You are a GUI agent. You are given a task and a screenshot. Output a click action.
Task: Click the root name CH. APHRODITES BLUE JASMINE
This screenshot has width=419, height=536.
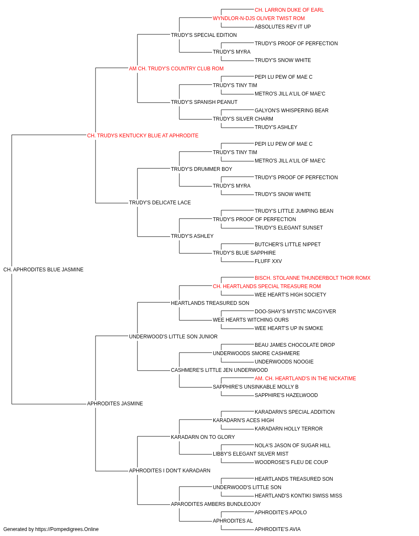point(44,270)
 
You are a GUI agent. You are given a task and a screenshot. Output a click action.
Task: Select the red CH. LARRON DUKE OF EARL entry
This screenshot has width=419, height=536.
point(289,10)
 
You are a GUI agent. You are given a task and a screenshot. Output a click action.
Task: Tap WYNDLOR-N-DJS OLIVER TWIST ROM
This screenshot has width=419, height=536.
point(259,18)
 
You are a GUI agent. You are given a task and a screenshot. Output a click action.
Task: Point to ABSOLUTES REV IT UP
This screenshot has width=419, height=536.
point(282,27)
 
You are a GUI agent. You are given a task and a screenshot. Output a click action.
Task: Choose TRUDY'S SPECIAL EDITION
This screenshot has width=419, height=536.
point(204,35)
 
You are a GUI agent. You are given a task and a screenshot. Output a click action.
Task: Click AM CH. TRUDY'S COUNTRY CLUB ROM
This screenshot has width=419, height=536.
point(176,69)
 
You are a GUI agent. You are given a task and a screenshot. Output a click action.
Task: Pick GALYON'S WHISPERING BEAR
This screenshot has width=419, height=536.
point(292,111)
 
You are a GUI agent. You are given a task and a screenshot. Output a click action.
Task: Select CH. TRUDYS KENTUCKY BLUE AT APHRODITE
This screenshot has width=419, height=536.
point(142,136)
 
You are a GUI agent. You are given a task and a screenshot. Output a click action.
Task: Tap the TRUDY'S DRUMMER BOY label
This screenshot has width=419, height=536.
point(202,169)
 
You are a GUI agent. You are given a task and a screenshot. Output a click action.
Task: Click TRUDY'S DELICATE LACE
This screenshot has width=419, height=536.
point(160,203)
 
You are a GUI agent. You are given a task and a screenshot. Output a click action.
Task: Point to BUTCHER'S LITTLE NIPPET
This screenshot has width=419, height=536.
point(287,245)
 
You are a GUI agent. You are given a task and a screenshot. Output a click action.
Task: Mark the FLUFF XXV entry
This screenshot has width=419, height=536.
point(268,261)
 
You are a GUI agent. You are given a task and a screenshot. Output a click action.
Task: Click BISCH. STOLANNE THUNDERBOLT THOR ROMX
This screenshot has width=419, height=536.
point(313,278)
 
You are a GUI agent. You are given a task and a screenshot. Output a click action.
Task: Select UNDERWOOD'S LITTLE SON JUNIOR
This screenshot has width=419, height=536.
point(173,337)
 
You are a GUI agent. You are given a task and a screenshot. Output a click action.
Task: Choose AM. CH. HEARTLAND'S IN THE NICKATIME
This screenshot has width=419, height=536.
point(305,379)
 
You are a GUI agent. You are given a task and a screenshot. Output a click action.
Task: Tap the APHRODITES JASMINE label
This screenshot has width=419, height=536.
point(115,404)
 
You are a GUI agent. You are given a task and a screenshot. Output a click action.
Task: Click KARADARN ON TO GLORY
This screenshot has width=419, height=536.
point(203,437)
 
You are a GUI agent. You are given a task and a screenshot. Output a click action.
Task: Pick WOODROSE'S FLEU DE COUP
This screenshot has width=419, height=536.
point(291,462)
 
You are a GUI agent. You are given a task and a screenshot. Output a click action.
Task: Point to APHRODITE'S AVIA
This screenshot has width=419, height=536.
point(277,529)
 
